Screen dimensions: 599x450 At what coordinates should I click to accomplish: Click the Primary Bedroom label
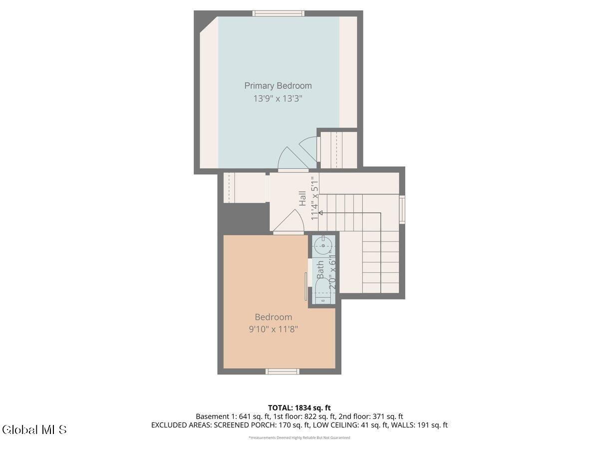pyautogui.click(x=278, y=86)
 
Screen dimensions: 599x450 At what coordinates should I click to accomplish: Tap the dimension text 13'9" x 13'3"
pyautogui.click(x=278, y=98)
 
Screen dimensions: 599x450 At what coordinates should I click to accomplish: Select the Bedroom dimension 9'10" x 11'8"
pyautogui.click(x=273, y=329)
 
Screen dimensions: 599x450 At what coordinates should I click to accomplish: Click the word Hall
pyautogui.click(x=302, y=198)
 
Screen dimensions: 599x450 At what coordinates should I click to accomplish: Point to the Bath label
pyautogui.click(x=320, y=269)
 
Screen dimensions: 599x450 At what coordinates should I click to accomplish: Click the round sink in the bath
pyautogui.click(x=323, y=245)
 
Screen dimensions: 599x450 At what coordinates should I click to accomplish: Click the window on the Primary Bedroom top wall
pyautogui.click(x=279, y=13)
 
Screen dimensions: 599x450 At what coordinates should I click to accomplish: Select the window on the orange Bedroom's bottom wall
pyautogui.click(x=283, y=371)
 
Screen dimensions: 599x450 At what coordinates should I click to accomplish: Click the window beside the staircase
pyautogui.click(x=402, y=209)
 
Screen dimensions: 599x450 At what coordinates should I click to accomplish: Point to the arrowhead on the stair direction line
pyautogui.click(x=320, y=212)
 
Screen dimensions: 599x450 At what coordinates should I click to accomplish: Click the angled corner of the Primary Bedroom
pyautogui.click(x=209, y=25)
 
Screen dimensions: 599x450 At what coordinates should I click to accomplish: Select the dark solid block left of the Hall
pyautogui.click(x=244, y=218)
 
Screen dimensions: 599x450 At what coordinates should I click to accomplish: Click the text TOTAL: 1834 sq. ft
pyautogui.click(x=299, y=407)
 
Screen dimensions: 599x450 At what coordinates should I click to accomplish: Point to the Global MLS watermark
pyautogui.click(x=34, y=429)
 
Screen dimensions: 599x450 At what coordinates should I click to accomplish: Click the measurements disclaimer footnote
pyautogui.click(x=299, y=437)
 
